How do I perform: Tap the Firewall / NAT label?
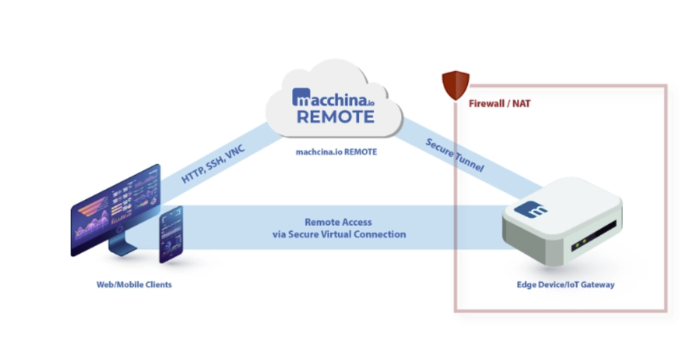point(500,104)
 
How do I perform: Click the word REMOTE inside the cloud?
point(335,115)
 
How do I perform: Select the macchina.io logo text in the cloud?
point(333,97)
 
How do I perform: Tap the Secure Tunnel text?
point(453,155)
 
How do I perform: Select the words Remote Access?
point(338,222)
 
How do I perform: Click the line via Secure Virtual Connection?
point(339,234)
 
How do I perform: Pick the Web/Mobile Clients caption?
point(134,284)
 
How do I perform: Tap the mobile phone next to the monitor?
point(170,234)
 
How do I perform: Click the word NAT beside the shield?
point(521,104)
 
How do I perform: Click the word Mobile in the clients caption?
point(130,284)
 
